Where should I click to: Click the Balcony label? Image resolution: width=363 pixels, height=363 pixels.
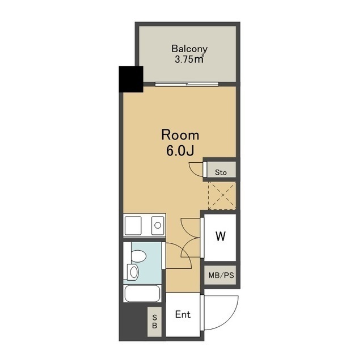pos(189,49)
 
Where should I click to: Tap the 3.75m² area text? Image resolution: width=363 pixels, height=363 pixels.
pos(189,60)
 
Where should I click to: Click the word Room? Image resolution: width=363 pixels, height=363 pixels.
pos(180,135)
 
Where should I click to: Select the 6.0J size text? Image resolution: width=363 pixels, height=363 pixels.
pos(180,151)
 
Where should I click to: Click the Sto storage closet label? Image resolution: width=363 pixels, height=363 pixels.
pos(221,172)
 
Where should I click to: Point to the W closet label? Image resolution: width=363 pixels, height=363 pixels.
pos(221,237)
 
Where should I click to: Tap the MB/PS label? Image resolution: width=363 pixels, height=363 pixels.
pos(221,275)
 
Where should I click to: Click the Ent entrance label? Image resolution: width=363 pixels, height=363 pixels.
pos(183,314)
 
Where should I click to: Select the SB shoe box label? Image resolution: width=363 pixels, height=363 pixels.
pos(155,322)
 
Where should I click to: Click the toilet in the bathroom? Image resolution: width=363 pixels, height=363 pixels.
pos(138,256)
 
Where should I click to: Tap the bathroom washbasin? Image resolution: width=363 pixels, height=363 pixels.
pos(133,272)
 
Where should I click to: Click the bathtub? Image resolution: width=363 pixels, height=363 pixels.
pos(142,294)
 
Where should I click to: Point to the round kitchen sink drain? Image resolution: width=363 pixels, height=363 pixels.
pos(158,225)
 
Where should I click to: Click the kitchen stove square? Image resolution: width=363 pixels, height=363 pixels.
pos(133,226)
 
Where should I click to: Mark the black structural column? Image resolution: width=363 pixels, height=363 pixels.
pos(131,79)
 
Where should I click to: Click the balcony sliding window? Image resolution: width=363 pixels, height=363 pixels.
pos(187,84)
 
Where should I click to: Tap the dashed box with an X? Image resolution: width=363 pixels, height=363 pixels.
pos(222,196)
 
